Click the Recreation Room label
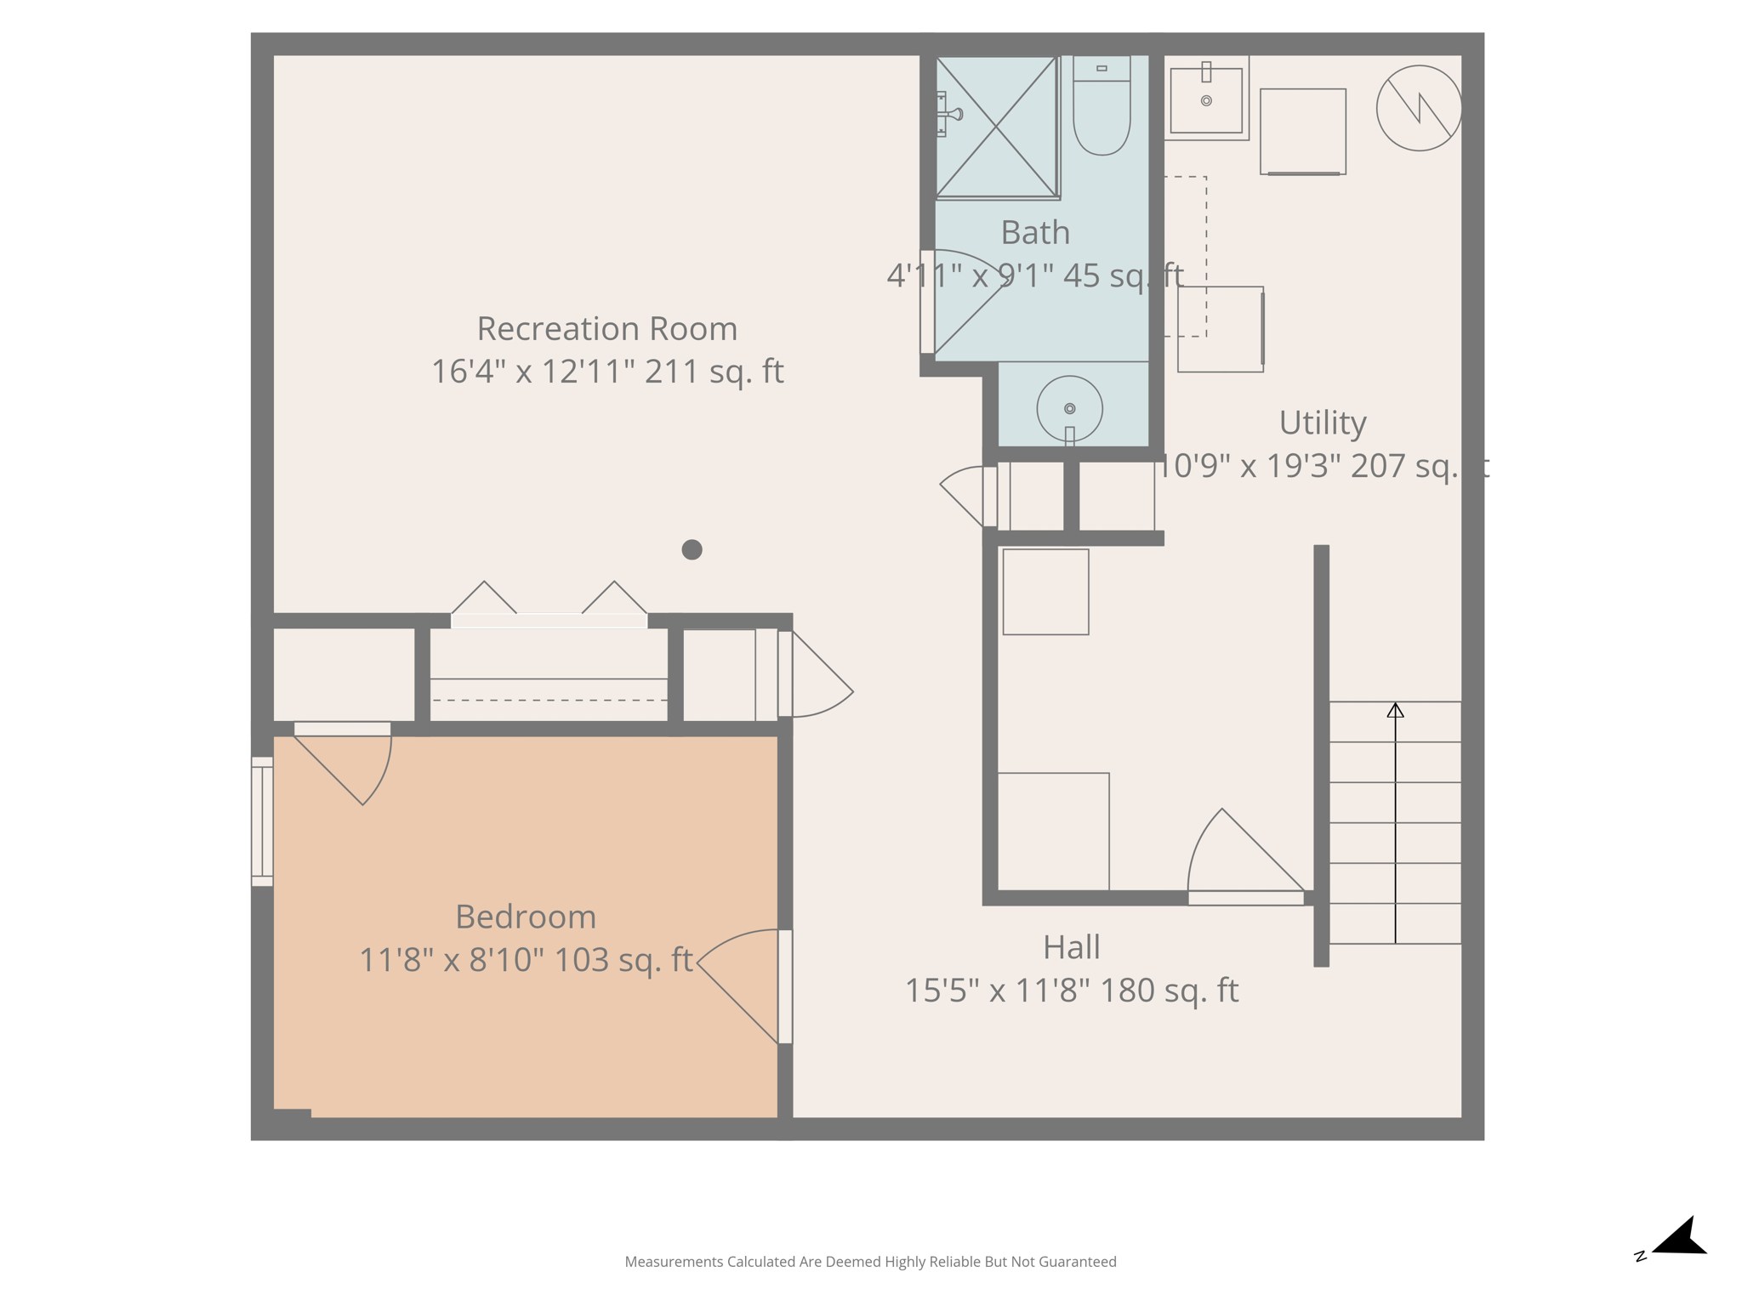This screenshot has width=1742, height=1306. pos(606,329)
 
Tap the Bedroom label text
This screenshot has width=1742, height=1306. pos(526,917)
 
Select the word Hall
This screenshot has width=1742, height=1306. pos(1071,947)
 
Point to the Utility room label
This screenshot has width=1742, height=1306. pos(1323,423)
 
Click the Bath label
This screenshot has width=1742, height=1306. pos(1034,232)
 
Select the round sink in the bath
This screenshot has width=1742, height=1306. pos(1069,409)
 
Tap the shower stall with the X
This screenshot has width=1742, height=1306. pos(996,127)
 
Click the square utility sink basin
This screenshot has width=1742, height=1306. pos(1205,100)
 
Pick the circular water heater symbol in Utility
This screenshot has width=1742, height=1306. pos(1418,108)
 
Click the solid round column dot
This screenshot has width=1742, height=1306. pos(692,549)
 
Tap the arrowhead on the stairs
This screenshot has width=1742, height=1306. pos(1395,710)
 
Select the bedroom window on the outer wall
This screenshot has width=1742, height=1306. pos(262,821)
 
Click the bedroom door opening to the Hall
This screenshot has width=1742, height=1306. pos(784,986)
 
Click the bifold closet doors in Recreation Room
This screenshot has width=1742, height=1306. pos(549,605)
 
